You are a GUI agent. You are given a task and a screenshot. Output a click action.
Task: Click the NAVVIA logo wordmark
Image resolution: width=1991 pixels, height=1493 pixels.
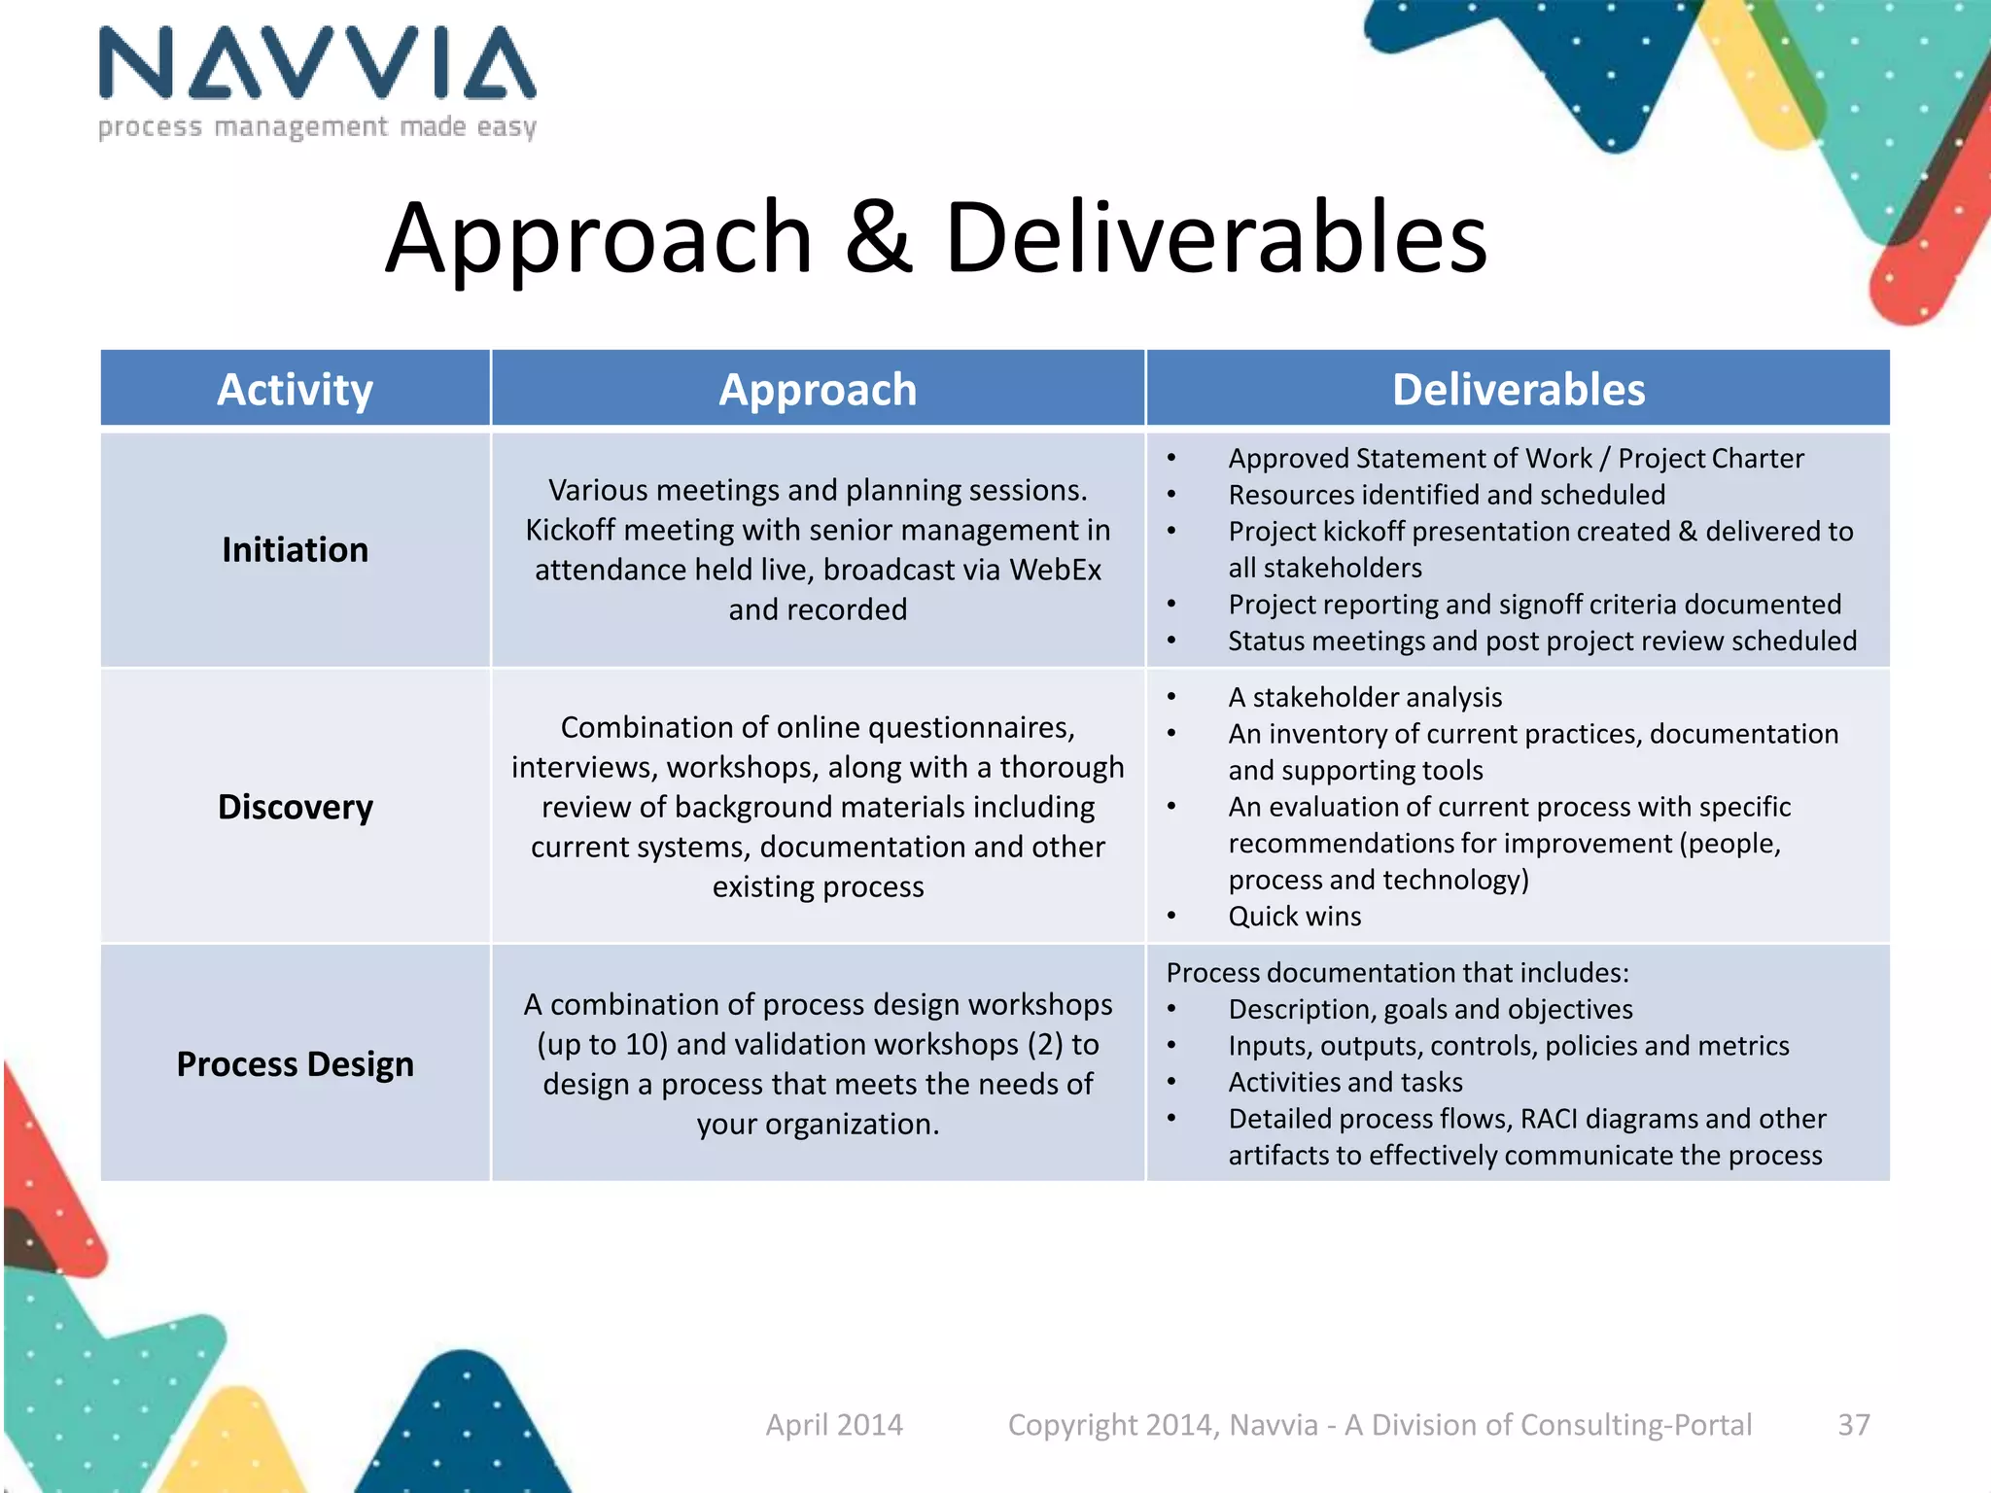pos(317,64)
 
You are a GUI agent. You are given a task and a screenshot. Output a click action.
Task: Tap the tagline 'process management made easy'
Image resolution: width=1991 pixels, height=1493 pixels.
pos(317,127)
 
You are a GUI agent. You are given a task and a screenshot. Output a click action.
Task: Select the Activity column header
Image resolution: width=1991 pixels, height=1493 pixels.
pos(295,390)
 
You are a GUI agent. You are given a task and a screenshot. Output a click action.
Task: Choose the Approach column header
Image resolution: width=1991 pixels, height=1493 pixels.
pos(818,390)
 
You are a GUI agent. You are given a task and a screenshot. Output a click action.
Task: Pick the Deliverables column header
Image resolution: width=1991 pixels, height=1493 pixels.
pos(1518,390)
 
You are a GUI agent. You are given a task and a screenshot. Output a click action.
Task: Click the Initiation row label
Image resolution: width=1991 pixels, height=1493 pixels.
pos(295,550)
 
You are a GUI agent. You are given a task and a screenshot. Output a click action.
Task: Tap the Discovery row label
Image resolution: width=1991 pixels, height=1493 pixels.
pos(295,807)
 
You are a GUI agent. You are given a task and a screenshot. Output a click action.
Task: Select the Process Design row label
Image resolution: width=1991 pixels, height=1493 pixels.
pos(295,1064)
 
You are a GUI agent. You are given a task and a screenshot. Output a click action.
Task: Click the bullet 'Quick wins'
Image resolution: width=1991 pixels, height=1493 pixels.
pos(1294,917)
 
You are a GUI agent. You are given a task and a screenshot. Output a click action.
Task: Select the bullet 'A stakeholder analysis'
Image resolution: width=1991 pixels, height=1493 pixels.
pos(1365,697)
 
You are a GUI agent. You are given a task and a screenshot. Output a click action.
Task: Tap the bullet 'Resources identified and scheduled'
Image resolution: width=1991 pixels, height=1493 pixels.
pos(1447,495)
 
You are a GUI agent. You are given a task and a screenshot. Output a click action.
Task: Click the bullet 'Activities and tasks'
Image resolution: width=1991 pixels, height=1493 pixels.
pos(1345,1082)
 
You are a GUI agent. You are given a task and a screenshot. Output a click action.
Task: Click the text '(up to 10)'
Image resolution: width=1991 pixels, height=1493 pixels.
pos(602,1045)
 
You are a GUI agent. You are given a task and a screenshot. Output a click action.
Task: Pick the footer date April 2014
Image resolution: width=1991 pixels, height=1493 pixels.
pos(834,1425)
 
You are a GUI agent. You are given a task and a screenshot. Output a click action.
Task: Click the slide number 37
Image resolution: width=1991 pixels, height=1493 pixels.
pos(1853,1425)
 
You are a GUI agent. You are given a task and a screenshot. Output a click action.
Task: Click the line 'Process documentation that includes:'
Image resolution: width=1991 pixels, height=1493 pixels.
pos(1397,973)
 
